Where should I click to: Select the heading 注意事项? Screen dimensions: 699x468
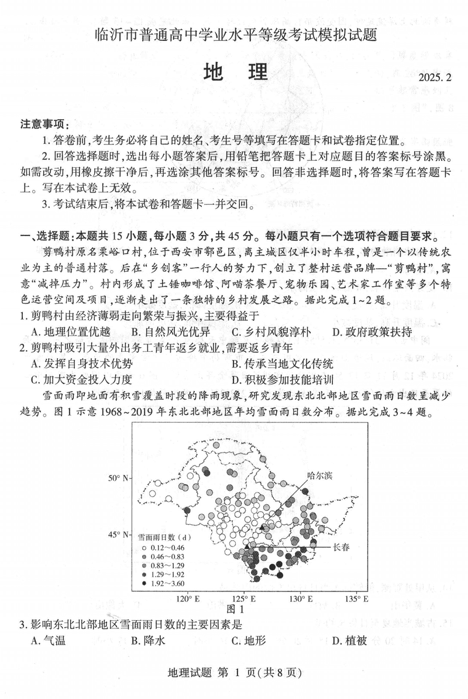point(44,124)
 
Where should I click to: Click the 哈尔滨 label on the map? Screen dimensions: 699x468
point(319,476)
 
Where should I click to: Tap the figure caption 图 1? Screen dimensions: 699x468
point(241,610)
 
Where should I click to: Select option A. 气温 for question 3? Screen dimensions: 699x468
point(48,641)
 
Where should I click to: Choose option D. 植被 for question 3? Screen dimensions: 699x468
point(349,641)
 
